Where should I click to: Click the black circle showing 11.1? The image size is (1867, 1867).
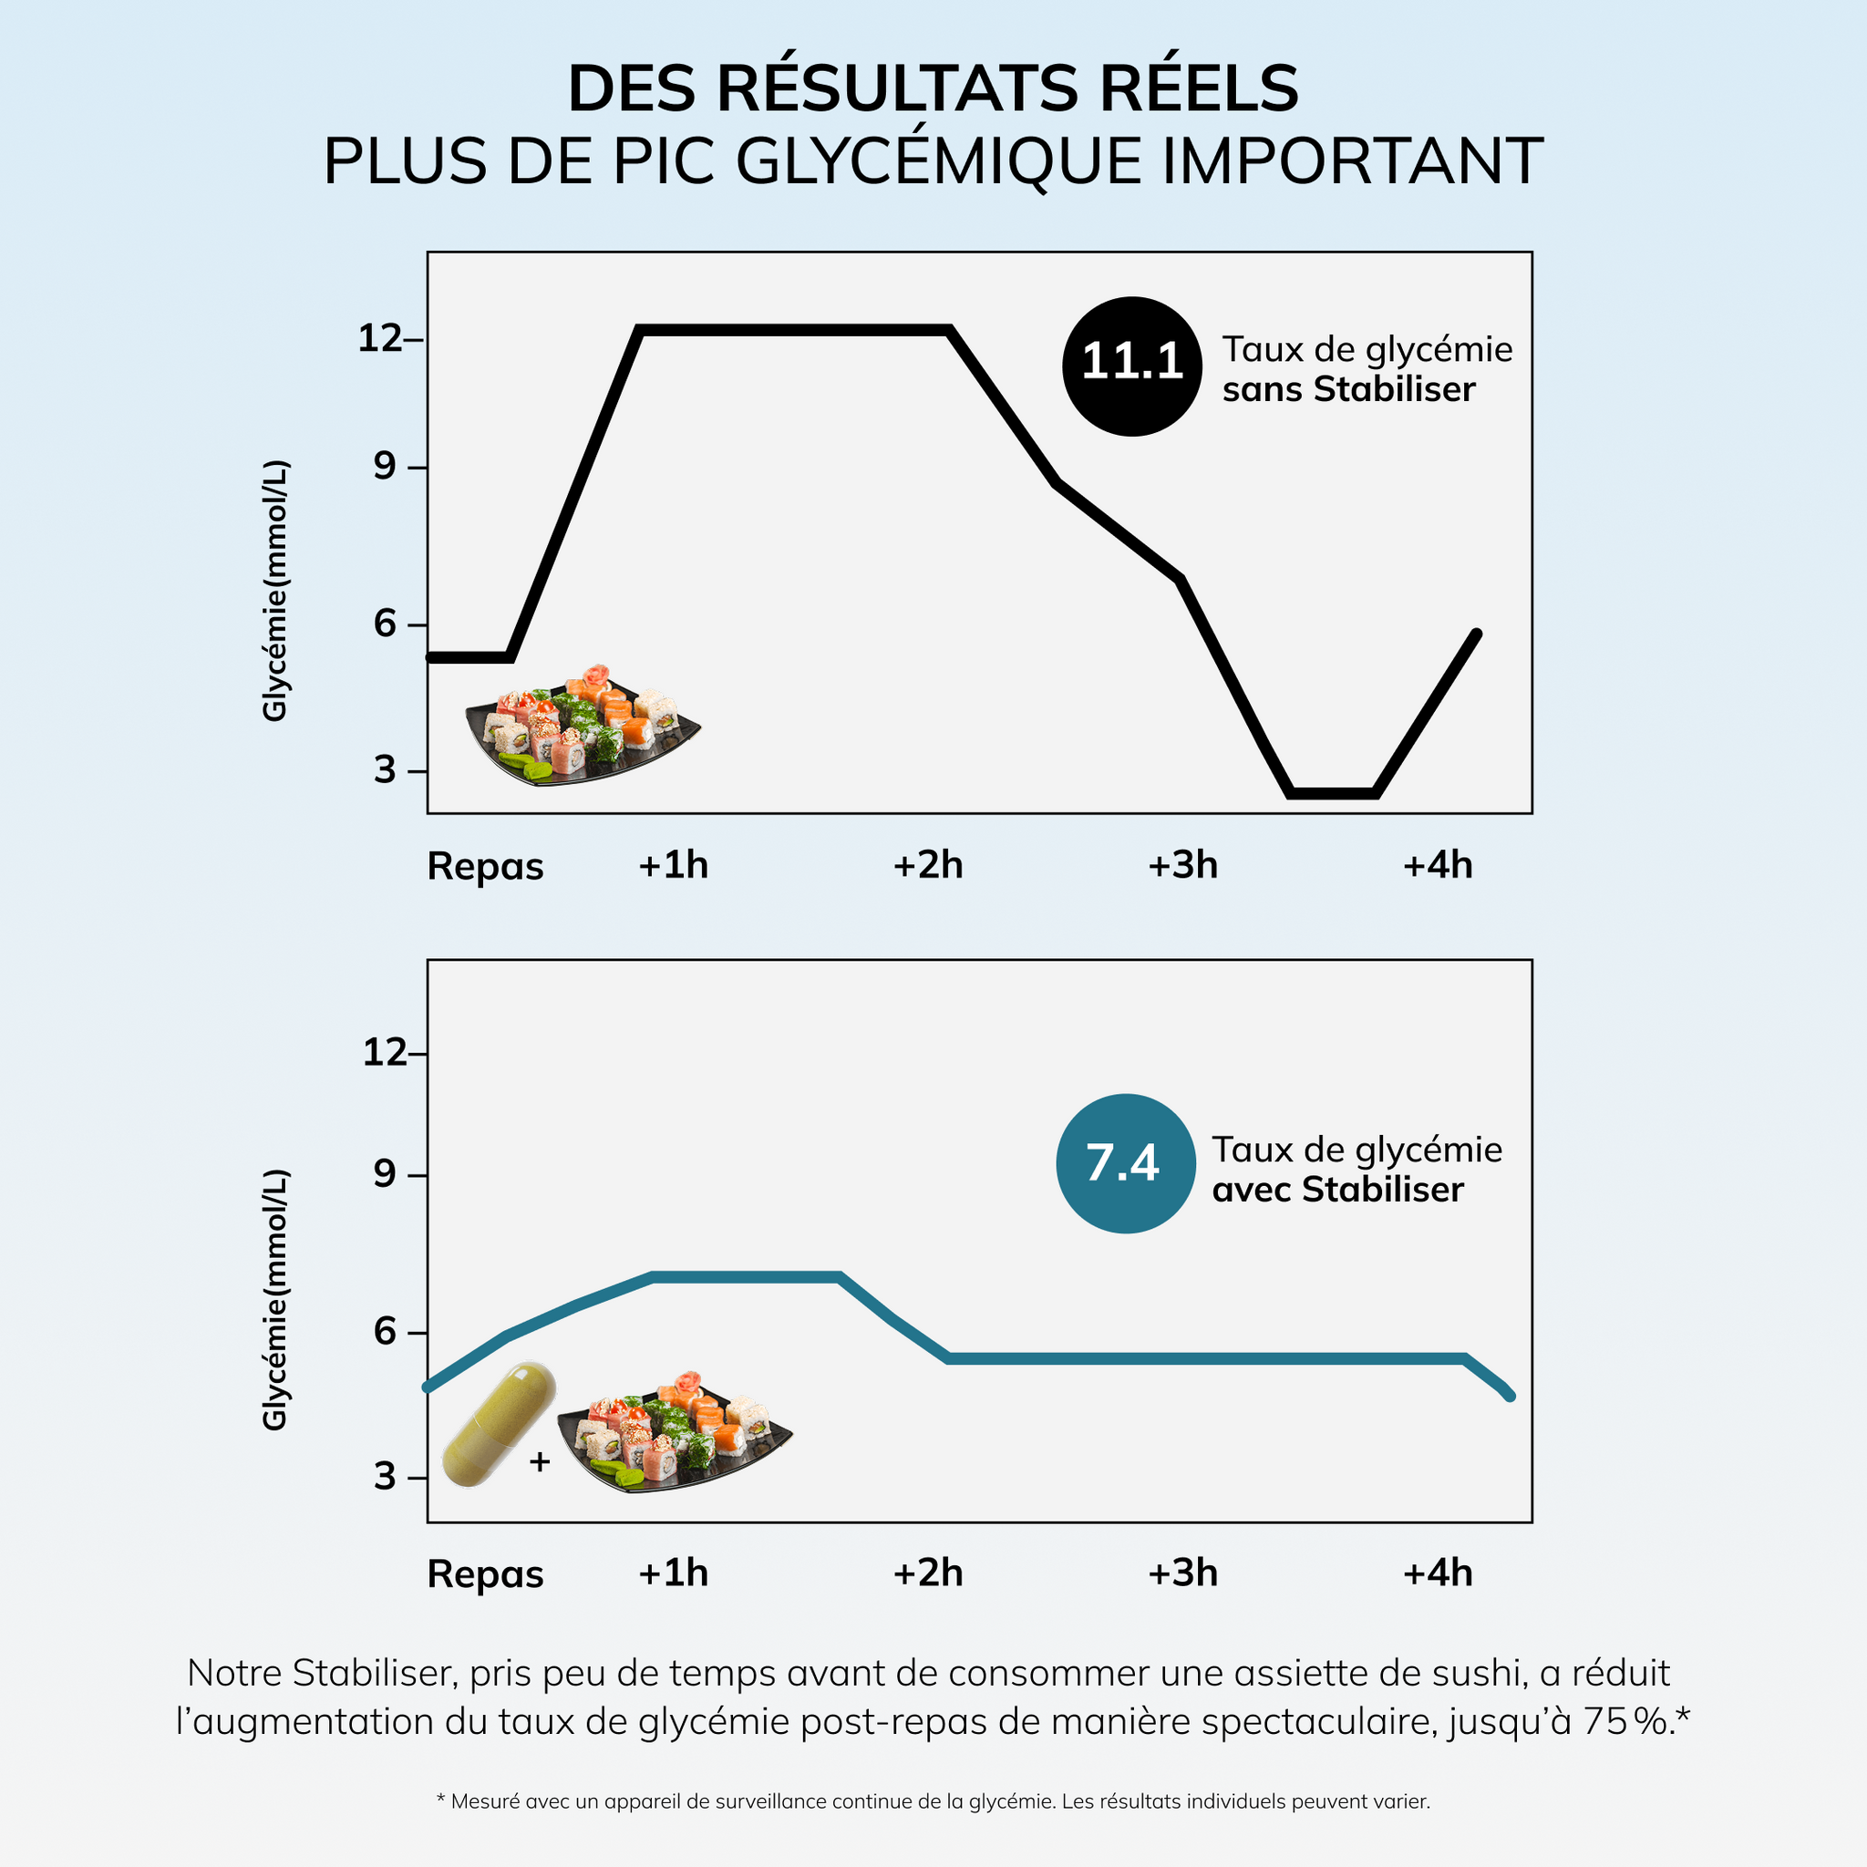pos(1131,366)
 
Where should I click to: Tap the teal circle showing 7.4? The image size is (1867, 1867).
pos(1126,1162)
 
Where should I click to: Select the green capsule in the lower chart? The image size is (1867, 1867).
pos(499,1425)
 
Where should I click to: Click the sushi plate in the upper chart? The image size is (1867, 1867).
pos(582,726)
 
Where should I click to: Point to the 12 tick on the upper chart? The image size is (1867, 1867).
pos(381,339)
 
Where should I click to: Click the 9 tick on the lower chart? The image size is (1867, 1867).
pos(386,1175)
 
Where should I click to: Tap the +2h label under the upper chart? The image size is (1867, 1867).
pos(928,865)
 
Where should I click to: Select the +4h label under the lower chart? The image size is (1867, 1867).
pos(1437,1573)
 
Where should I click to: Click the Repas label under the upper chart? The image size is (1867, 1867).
pos(485,867)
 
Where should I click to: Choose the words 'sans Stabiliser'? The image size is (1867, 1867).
pos(1348,389)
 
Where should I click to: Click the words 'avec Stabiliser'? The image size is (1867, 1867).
pos(1337,1190)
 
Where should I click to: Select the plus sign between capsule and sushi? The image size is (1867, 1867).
pos(541,1462)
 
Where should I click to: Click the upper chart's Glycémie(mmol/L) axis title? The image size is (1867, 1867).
pos(275,591)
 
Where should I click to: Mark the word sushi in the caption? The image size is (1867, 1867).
pos(1468,1673)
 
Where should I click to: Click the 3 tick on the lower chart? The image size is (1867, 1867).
pos(386,1477)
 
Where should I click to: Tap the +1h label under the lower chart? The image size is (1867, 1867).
pos(674,1573)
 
